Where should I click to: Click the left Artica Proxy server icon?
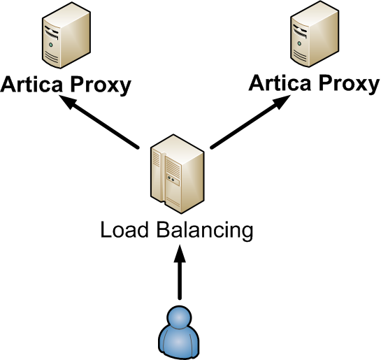pos(66,36)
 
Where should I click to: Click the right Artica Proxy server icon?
pos(315,34)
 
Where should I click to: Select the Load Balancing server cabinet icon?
pos(178,174)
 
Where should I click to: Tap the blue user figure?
pos(179,333)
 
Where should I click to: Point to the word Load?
pos(124,229)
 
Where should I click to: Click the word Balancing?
pos(205,231)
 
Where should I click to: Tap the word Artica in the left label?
pos(31,84)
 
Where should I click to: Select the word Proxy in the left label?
pos(101,86)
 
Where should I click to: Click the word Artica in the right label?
pos(280,82)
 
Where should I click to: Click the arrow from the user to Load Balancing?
pos(180,272)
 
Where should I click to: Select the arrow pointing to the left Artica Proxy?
pos(99,121)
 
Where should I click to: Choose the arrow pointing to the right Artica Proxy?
pos(250,121)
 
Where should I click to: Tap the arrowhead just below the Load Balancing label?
pos(180,253)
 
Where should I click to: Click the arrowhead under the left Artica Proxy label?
pos(68,101)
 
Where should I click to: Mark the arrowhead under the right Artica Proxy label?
pos(282,101)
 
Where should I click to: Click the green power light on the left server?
pos(51,45)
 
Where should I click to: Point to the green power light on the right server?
pos(299,43)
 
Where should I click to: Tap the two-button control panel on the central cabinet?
pos(173,180)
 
